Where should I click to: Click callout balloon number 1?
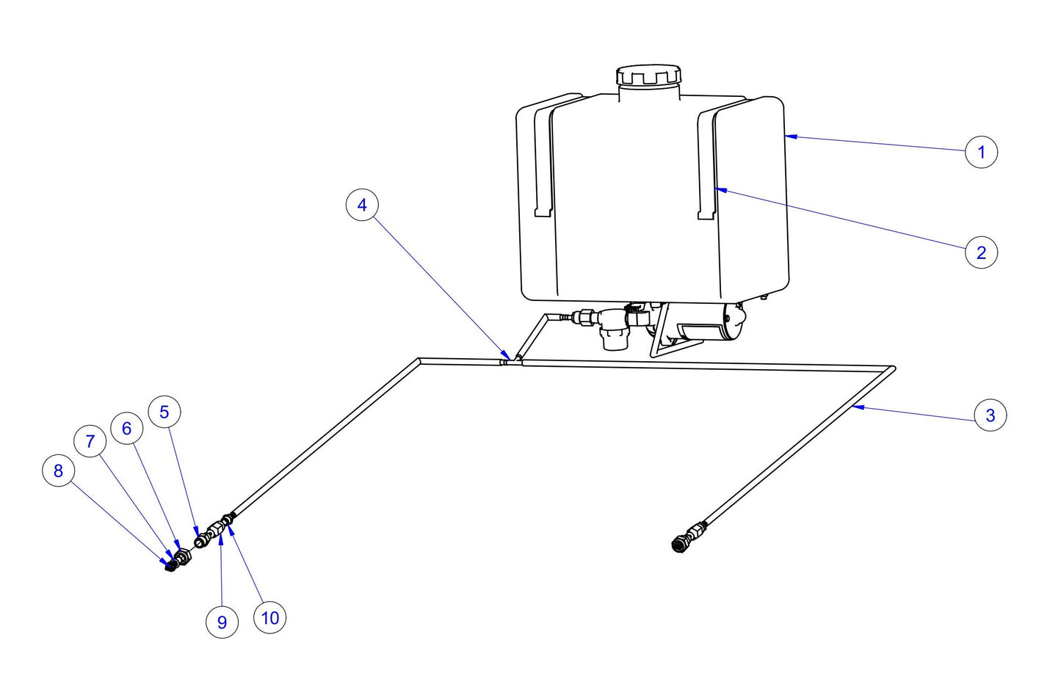[x=981, y=152]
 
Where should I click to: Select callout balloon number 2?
[x=981, y=252]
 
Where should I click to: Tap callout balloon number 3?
[x=990, y=415]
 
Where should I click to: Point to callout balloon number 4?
[x=361, y=205]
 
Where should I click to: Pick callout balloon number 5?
[x=164, y=412]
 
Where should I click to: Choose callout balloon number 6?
[x=126, y=428]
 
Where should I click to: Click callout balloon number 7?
[x=90, y=441]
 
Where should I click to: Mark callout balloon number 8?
[x=59, y=470]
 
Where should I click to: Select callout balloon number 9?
[x=222, y=622]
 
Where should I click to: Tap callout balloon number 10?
[x=269, y=618]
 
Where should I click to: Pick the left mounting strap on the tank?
[x=543, y=161]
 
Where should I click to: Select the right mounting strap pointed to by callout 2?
[x=706, y=165]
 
